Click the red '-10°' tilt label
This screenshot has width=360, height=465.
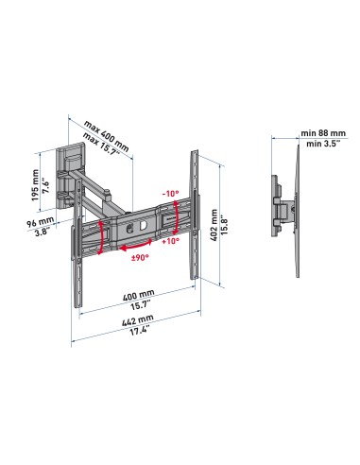pos(170,194)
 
